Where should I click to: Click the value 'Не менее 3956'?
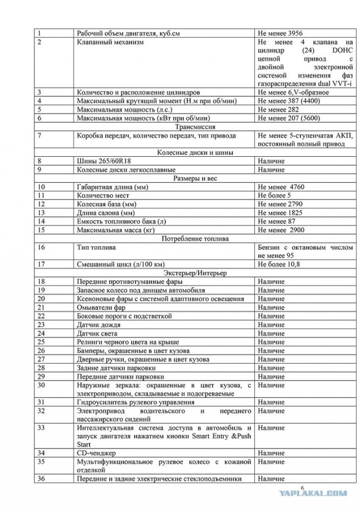280,33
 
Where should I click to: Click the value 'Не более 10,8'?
280,264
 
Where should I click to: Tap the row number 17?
41,264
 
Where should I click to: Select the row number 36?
41,478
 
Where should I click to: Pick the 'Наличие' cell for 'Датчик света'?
271,333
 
